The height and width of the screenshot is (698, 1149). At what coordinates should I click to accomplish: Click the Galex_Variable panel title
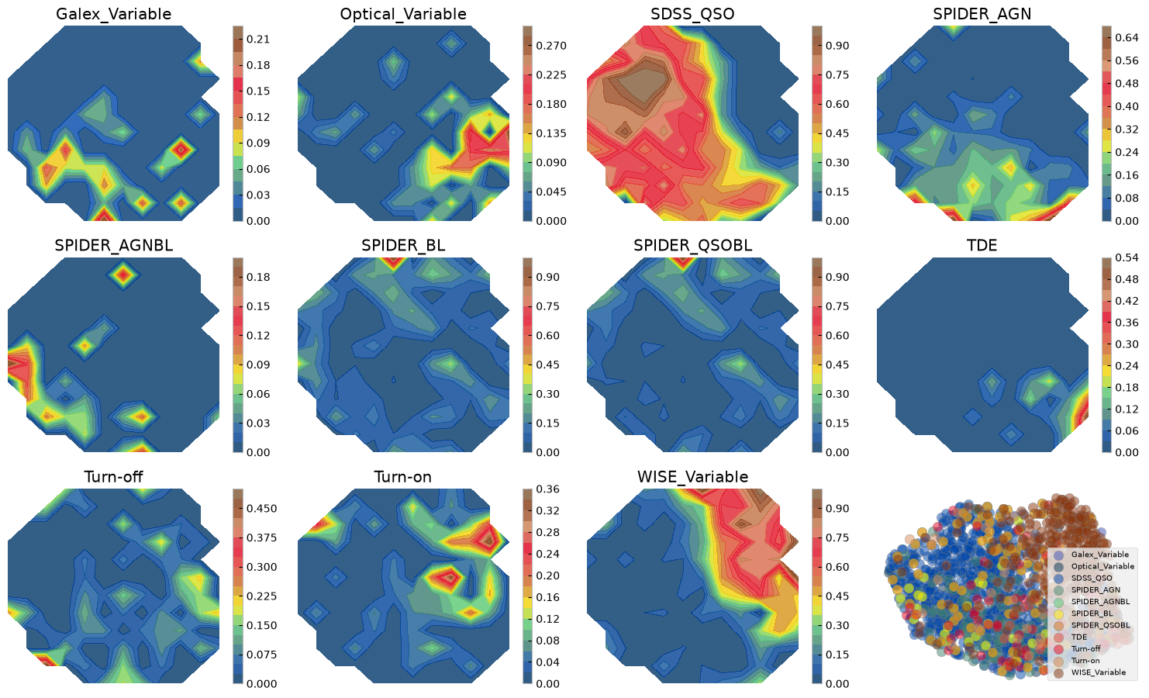[x=113, y=15]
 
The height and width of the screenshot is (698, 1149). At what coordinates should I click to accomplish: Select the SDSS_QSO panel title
[x=692, y=15]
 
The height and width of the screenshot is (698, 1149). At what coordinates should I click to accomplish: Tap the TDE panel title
[x=982, y=246]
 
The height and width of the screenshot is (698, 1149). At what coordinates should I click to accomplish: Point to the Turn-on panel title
[x=402, y=477]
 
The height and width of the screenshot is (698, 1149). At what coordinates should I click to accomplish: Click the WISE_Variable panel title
[x=692, y=477]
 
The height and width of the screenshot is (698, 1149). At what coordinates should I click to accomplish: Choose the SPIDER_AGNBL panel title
[x=113, y=246]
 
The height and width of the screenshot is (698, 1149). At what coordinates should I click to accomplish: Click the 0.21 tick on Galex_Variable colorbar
[x=258, y=40]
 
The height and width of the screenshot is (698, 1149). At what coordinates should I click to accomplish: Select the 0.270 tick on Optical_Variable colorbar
[x=551, y=47]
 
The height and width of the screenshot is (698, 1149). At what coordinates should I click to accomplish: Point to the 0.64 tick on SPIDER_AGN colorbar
[x=1127, y=37]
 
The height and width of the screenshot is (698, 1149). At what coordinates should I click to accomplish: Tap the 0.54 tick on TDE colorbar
[x=1127, y=257]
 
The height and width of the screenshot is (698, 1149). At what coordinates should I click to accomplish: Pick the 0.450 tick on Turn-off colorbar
[x=261, y=509]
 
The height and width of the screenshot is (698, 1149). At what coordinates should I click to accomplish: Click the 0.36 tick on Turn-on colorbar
[x=548, y=489]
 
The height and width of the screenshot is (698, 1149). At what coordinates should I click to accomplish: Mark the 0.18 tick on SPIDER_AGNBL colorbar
[x=258, y=277]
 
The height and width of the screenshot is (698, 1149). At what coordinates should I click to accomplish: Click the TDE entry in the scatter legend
[x=1078, y=637]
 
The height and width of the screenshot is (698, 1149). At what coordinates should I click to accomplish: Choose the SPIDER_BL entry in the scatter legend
[x=1092, y=613]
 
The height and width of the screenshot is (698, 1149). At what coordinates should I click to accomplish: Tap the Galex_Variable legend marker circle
[x=1058, y=555]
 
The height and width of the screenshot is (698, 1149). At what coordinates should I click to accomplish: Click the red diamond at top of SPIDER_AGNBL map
[x=123, y=275]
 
